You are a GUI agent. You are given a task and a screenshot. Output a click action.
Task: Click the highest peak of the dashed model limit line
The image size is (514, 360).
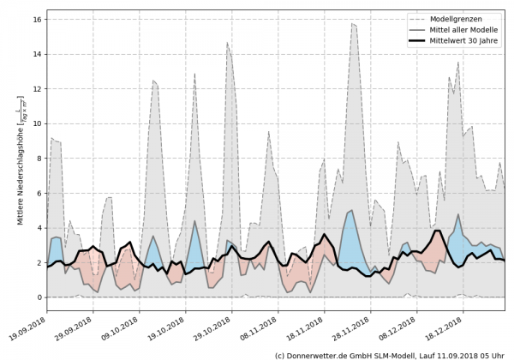(x=353, y=24)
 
